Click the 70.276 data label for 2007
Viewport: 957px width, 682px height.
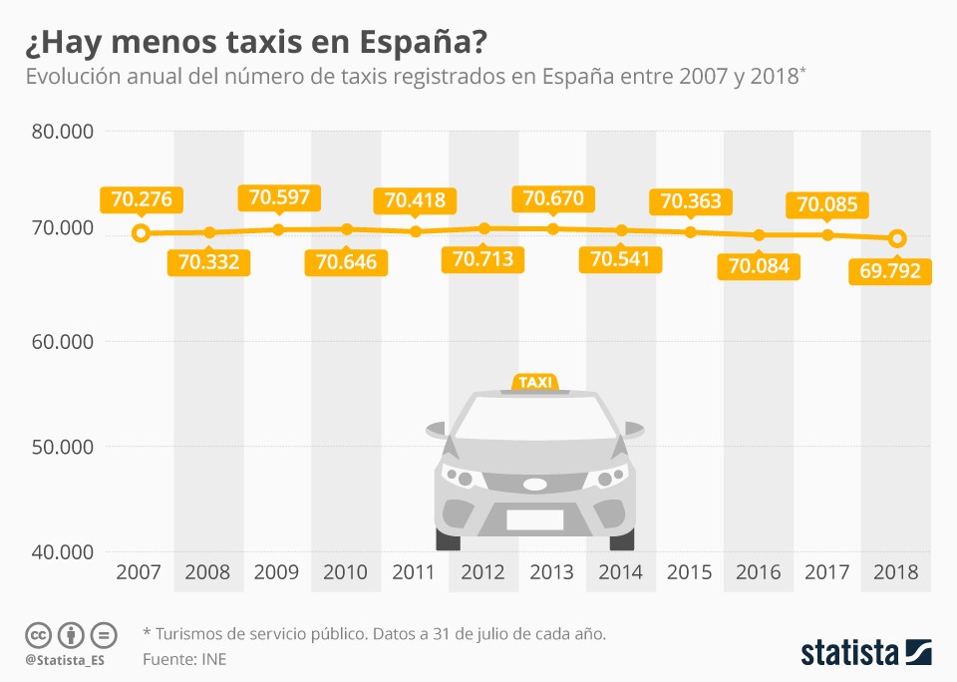coord(142,199)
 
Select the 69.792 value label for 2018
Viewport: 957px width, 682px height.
coord(889,270)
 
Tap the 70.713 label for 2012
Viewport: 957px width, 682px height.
coord(482,260)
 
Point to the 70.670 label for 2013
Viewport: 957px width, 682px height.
coord(553,197)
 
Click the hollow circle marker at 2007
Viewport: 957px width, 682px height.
coord(141,233)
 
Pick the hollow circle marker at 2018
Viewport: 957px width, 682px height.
coord(897,238)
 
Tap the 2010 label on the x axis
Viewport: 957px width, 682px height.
coord(346,572)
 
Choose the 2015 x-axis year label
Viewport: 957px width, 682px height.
coord(689,572)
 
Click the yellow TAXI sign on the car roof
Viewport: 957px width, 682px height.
coord(535,383)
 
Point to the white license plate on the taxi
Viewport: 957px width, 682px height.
coord(534,519)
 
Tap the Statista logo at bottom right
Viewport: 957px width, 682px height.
coord(866,652)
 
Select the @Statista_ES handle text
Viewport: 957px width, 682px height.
coord(66,660)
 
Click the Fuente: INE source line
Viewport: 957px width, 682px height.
coord(184,659)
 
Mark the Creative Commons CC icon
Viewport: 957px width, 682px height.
coord(39,634)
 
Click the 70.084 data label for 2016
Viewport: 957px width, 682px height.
coord(759,266)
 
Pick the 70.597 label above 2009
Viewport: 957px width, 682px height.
coord(280,196)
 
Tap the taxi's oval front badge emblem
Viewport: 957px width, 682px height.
coord(535,485)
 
